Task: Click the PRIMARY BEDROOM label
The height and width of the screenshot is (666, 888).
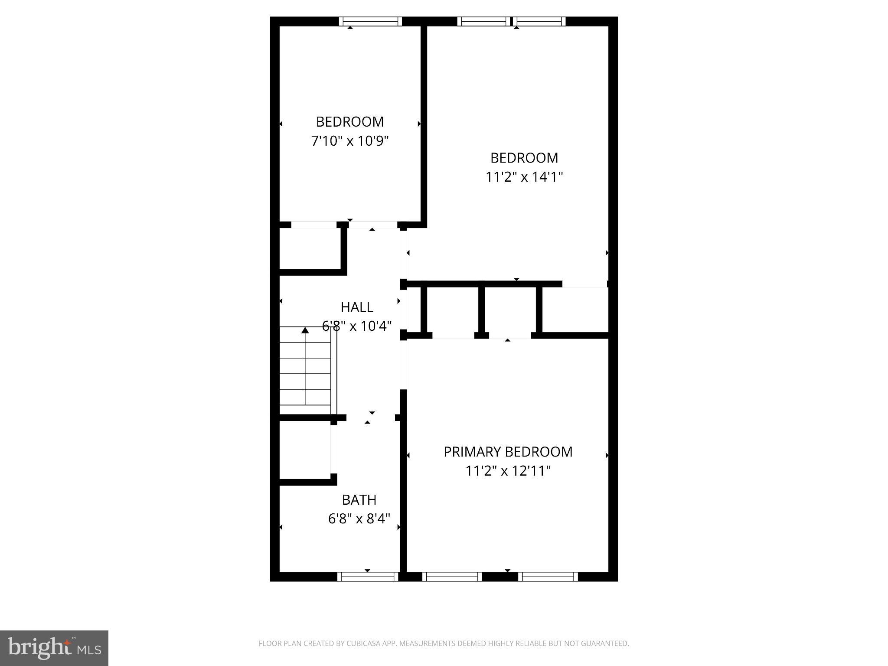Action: tap(508, 452)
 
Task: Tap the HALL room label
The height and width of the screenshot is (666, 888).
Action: tap(357, 307)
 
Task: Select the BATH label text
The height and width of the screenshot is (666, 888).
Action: tap(359, 500)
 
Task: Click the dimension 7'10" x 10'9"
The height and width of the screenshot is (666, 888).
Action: tap(350, 141)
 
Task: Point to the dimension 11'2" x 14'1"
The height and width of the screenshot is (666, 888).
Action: tap(524, 177)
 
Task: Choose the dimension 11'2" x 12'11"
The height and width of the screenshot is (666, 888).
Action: tap(508, 471)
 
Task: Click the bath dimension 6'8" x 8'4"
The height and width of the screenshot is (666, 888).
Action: tap(359, 519)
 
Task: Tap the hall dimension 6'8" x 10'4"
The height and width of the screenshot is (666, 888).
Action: tap(357, 326)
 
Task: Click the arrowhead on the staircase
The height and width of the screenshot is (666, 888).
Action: tap(305, 330)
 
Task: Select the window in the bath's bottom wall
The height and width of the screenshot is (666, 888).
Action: tap(368, 577)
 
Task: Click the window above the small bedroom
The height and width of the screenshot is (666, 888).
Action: tap(370, 21)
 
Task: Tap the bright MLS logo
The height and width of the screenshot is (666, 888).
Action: tap(54, 648)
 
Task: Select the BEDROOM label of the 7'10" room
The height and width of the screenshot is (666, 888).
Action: tap(350, 122)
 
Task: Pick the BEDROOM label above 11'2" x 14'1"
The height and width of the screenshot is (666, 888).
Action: tap(524, 158)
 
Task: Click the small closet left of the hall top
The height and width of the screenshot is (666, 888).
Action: tap(310, 249)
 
